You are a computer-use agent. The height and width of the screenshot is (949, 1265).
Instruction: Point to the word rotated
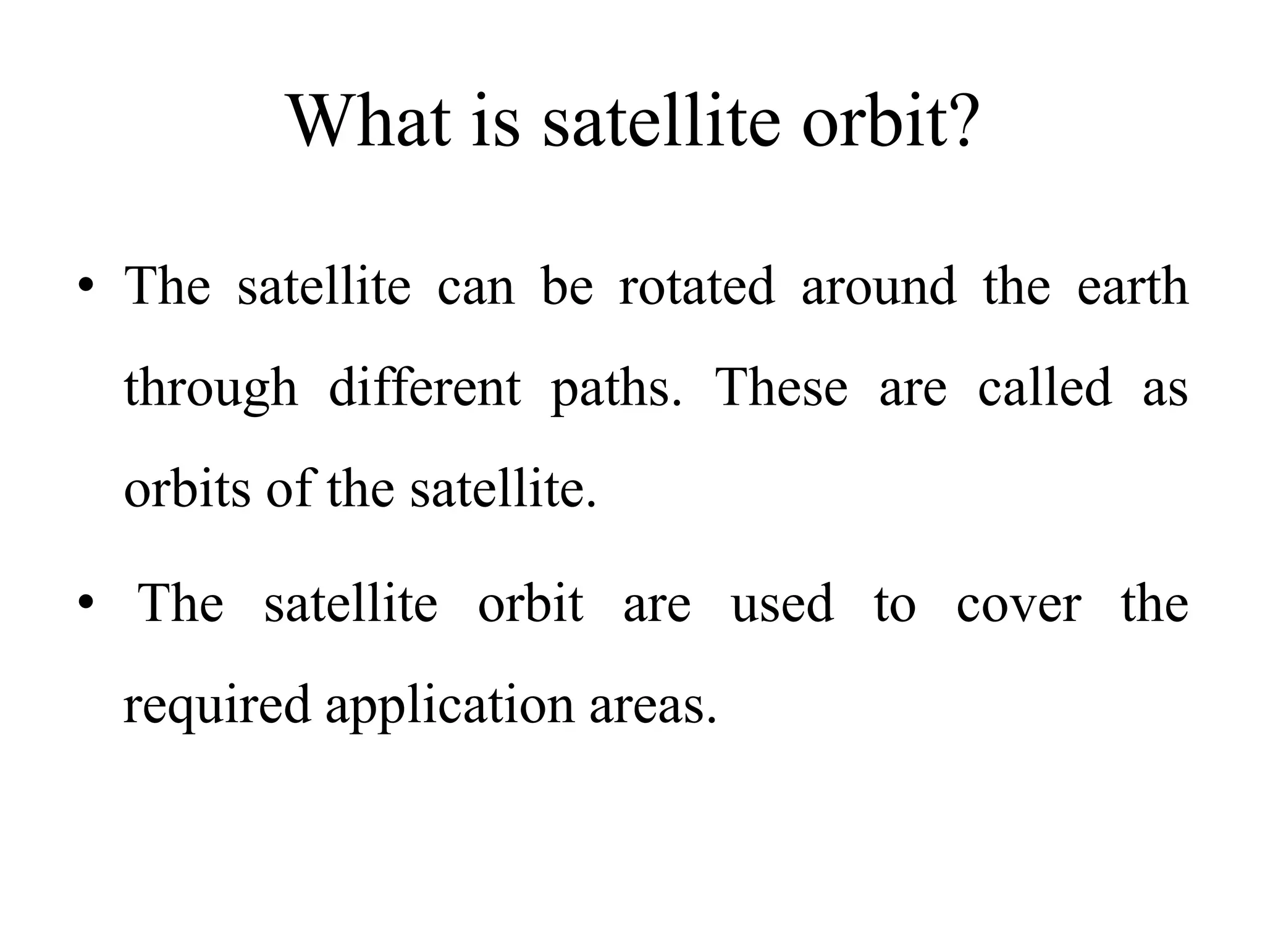[x=696, y=286]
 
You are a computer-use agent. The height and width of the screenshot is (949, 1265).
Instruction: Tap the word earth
[x=1132, y=286]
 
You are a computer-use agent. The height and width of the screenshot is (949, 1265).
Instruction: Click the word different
[x=424, y=387]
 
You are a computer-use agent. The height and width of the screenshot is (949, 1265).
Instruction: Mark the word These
[x=781, y=387]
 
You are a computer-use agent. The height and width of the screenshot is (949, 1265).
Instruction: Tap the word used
[x=782, y=604]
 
